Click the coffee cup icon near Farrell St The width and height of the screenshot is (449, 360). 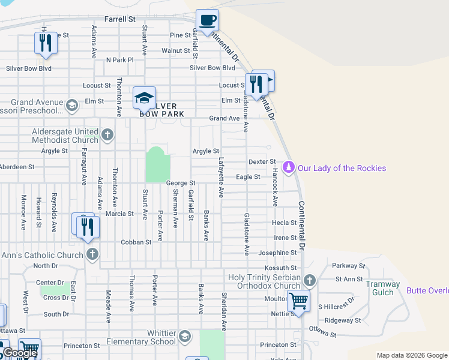point(208,20)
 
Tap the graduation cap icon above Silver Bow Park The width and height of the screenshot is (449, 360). point(144,98)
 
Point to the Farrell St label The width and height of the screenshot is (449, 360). point(119,19)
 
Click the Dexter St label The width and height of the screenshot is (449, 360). point(262,162)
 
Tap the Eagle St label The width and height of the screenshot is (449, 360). point(248,177)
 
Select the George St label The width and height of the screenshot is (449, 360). point(181,183)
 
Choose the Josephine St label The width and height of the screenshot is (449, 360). point(278,253)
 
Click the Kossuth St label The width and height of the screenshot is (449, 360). point(281,268)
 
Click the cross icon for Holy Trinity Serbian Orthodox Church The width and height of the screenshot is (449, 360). point(310,280)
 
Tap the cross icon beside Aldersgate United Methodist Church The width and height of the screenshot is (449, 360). point(107,134)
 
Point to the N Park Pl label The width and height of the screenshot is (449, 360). point(119,60)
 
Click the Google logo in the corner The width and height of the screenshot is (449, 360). point(20,353)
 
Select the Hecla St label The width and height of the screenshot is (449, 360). point(281,223)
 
